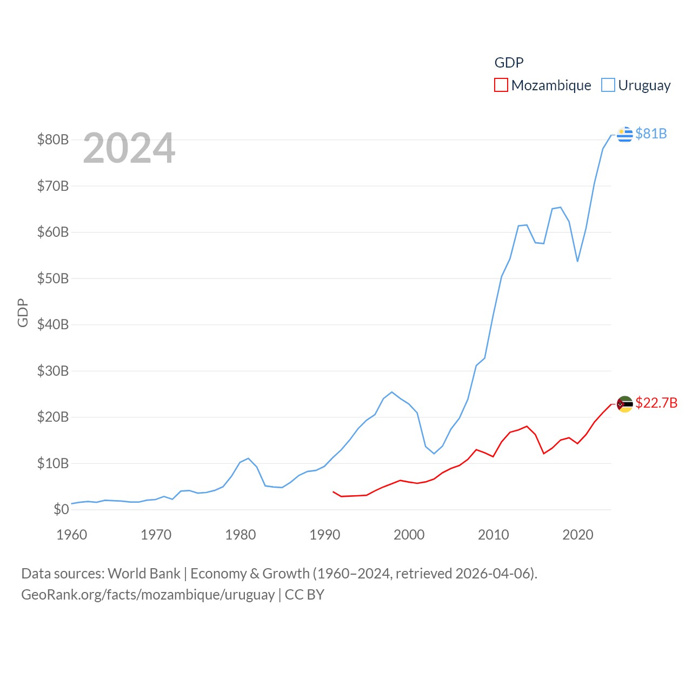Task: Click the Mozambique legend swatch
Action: [501, 85]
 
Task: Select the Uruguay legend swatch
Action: [608, 85]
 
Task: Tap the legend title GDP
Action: [509, 63]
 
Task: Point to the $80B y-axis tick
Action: [53, 139]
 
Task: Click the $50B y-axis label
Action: [53, 278]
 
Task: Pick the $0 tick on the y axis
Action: [61, 509]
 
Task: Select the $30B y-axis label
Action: [53, 371]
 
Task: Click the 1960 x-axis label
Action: [72, 535]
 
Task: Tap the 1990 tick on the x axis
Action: [325, 535]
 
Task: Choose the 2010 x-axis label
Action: [494, 535]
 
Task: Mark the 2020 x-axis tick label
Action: [578, 535]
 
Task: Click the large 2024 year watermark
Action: [129, 148]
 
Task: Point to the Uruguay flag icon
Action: [624, 134]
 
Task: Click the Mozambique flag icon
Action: [624, 404]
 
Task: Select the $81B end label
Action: [651, 134]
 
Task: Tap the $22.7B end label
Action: [656, 403]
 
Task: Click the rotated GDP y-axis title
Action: [23, 312]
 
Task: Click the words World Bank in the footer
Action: [144, 574]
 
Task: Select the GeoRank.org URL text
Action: [148, 595]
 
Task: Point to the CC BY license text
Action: [304, 595]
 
